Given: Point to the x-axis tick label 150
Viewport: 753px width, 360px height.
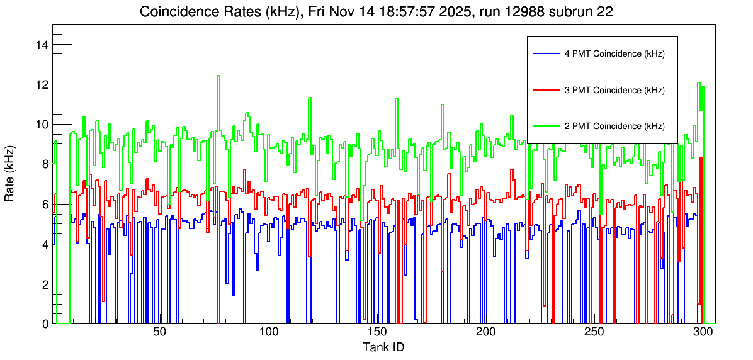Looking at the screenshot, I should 376,332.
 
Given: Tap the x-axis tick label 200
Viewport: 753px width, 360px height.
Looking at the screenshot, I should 485,332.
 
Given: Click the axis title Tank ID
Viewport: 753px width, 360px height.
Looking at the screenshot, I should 383,347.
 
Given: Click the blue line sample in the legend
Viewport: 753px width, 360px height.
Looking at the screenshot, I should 546,53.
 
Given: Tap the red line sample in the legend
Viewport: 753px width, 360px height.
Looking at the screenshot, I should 546,90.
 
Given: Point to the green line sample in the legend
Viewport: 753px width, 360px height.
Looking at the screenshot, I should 546,126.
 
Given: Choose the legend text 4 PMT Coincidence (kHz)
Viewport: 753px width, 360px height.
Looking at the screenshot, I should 614,54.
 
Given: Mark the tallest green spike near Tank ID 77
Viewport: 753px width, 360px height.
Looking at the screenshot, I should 218,76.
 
